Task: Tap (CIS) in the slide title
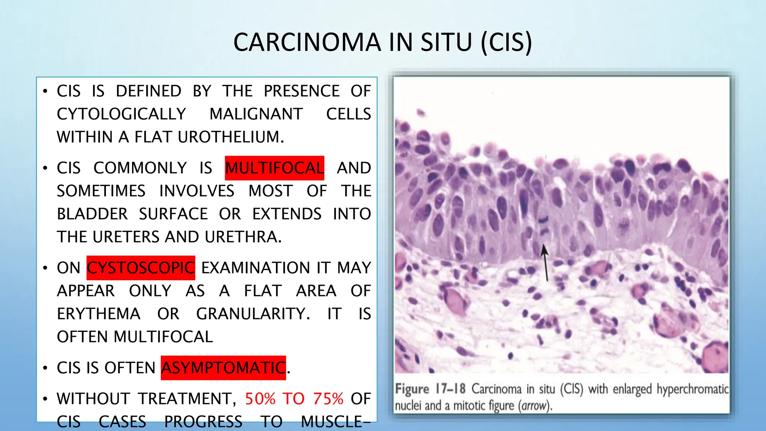pos(506,42)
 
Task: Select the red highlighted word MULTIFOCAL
pos(275,168)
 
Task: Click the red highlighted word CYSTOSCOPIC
pos(141,268)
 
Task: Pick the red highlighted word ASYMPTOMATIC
pos(223,368)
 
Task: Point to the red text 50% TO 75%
pos(294,399)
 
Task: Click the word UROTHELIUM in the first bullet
pos(230,137)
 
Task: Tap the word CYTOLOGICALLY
pos(121,114)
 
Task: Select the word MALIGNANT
pos(256,114)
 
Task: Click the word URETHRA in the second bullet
pos(243,237)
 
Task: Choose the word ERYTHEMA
pos(99,314)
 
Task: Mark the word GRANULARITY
pos(253,314)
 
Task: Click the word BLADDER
pos(92,214)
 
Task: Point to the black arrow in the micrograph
pos(545,262)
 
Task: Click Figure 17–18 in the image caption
pos(430,389)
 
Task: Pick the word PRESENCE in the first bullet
pos(301,91)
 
